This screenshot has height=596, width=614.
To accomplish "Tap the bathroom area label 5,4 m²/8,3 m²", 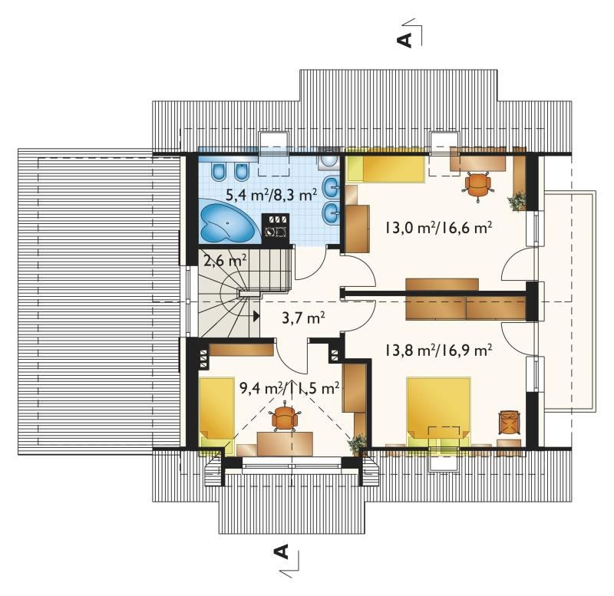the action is (x=272, y=194).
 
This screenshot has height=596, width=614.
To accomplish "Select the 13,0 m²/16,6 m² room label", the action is (x=438, y=227).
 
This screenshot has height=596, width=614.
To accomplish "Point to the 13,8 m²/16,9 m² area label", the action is (x=438, y=351).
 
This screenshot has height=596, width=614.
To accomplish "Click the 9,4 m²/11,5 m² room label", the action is (x=289, y=389).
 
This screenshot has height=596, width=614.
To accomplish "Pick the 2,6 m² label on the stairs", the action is (x=225, y=260).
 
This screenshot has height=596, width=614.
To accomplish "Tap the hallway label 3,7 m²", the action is (x=303, y=318).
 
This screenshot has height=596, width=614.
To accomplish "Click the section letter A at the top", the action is (x=405, y=40).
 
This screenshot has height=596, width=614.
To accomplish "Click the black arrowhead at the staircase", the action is (x=256, y=316).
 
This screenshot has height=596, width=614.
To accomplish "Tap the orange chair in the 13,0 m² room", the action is (x=477, y=185).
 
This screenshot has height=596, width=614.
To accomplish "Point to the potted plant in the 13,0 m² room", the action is (x=517, y=201).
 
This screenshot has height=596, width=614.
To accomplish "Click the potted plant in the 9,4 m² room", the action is (x=358, y=444).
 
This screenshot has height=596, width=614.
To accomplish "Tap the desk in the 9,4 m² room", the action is (x=285, y=444).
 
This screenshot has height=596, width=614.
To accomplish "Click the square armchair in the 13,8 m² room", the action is (x=509, y=422).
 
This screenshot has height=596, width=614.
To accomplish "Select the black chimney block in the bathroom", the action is (x=276, y=229).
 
